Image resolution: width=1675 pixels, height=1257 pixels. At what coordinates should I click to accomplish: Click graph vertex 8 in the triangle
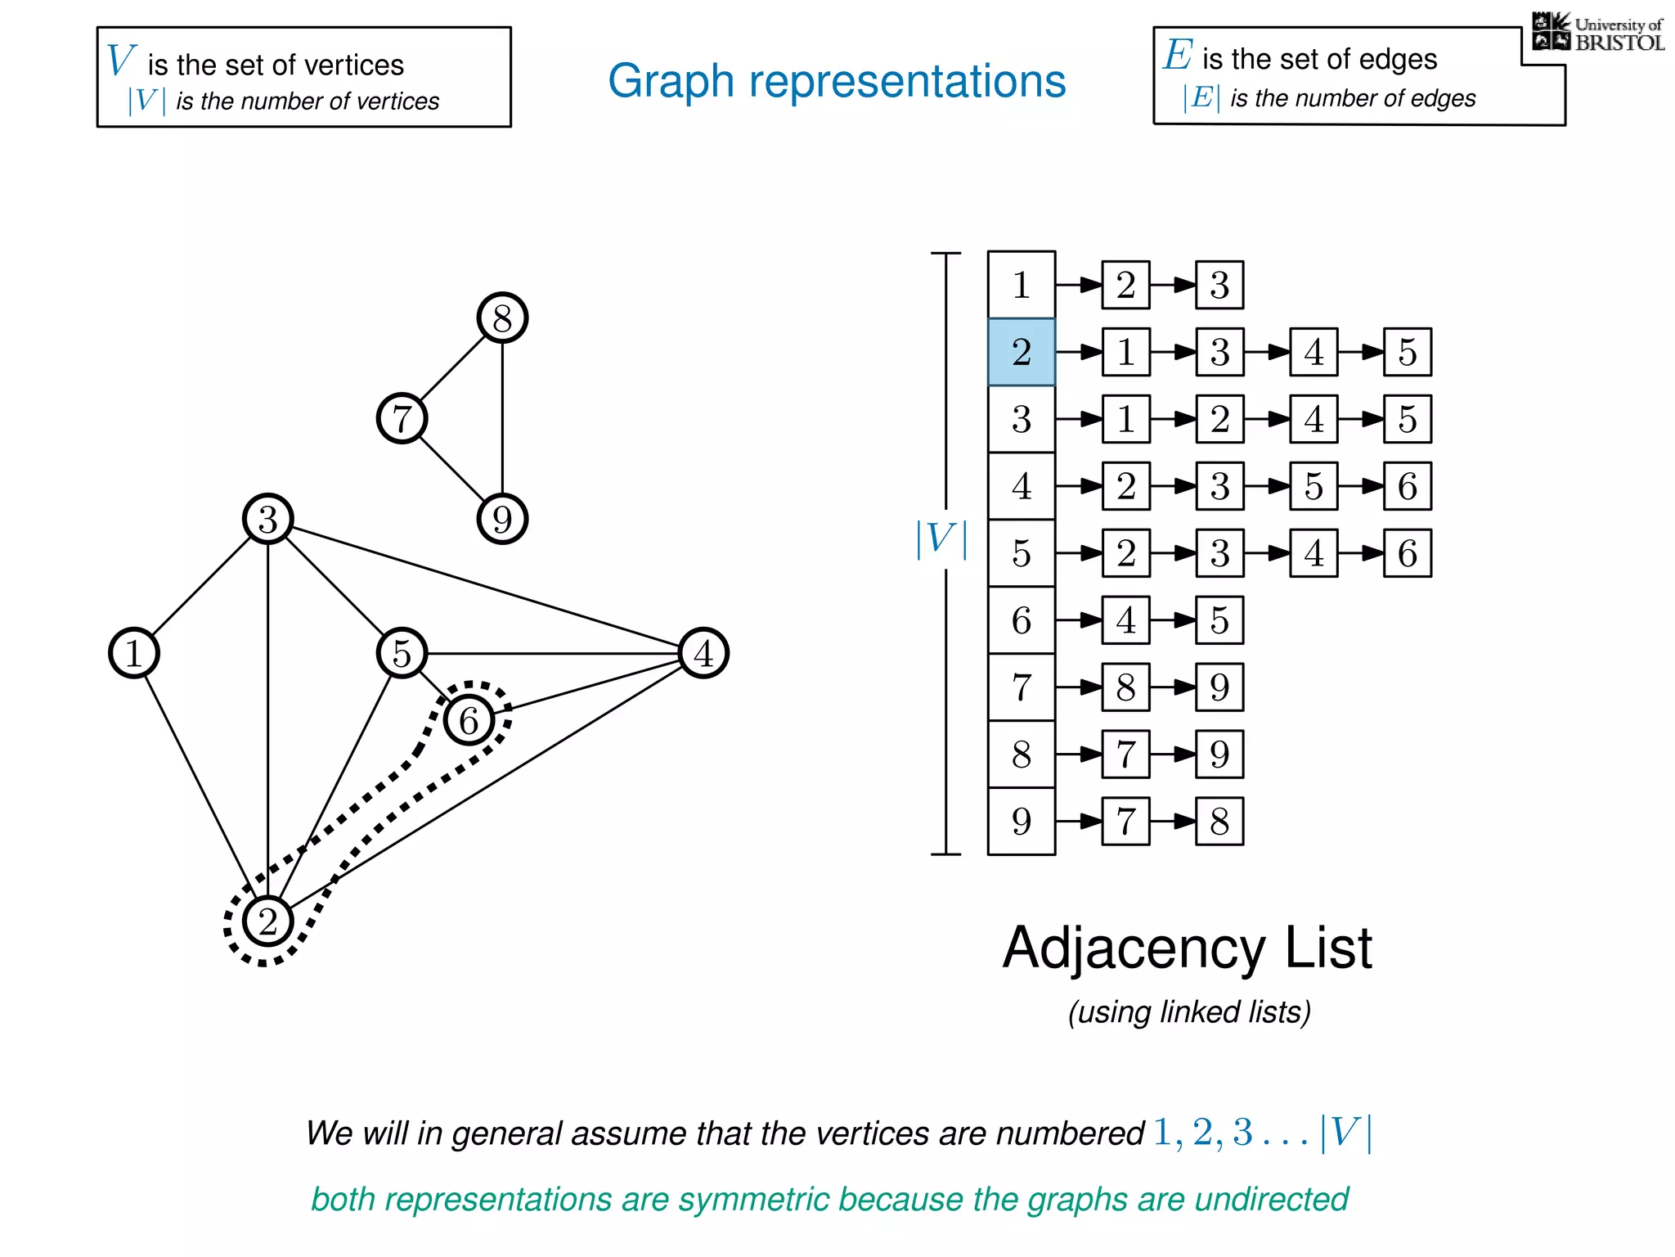[502, 318]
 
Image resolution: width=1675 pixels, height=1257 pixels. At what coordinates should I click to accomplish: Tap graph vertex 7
[402, 418]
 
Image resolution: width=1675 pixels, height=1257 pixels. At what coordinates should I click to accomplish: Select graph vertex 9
[502, 519]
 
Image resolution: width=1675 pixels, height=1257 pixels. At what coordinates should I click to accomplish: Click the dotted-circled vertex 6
[469, 720]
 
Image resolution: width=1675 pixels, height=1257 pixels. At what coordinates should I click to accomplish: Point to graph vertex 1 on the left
[134, 653]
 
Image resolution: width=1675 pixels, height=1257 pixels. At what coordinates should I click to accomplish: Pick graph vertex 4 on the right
[703, 653]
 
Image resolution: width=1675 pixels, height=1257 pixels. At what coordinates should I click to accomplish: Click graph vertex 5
[402, 653]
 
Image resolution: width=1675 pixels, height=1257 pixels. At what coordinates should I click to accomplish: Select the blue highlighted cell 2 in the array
[1021, 352]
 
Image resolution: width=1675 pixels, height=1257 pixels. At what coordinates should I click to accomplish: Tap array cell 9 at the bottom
[1021, 821]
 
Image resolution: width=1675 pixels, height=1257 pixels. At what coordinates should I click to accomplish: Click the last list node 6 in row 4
[1407, 486]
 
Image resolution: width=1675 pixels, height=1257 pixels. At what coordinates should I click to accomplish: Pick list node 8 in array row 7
[1125, 687]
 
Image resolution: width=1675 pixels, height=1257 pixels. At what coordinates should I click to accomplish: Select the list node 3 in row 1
[1219, 285]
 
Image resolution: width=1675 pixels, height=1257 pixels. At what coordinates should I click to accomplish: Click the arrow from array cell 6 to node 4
[1078, 620]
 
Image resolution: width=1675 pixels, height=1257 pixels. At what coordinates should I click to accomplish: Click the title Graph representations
[837, 81]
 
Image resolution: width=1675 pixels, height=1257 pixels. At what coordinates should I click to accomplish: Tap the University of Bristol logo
[1597, 33]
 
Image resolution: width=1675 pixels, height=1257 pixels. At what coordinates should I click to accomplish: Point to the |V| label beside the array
[941, 539]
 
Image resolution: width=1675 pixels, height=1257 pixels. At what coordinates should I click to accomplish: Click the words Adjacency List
[1187, 948]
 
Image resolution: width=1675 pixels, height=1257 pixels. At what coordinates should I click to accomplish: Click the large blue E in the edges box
[1178, 56]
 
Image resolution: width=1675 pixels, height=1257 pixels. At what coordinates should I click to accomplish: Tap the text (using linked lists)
[1189, 1012]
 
